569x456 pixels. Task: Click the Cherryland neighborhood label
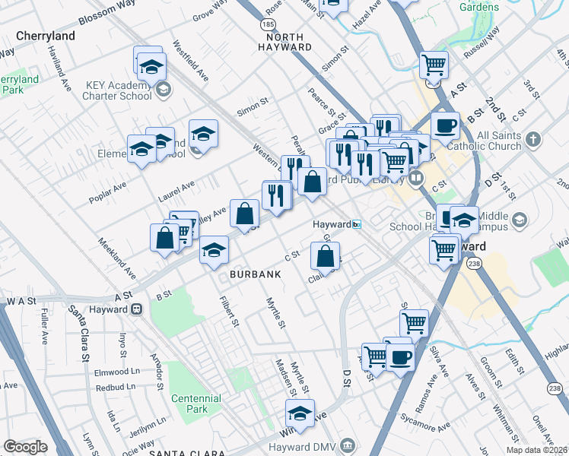pyautogui.click(x=45, y=36)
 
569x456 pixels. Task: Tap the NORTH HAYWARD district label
pyautogui.click(x=278, y=42)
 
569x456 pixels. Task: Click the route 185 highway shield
pyautogui.click(x=268, y=25)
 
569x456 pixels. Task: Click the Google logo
pyautogui.click(x=25, y=447)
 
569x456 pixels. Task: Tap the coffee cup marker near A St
pyautogui.click(x=445, y=125)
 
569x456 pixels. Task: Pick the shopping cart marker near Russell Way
pyautogui.click(x=434, y=65)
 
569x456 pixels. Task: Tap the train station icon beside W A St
pyautogui.click(x=136, y=309)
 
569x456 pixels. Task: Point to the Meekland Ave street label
pyautogui.click(x=116, y=258)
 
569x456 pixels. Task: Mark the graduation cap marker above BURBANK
pyautogui.click(x=215, y=249)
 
